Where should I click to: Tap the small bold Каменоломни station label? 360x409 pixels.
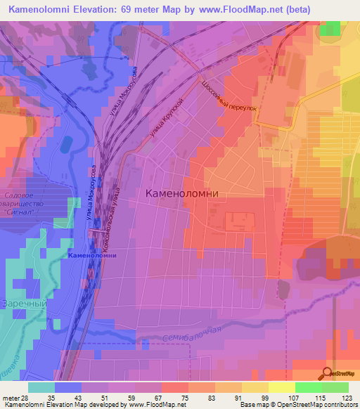tap(92, 255)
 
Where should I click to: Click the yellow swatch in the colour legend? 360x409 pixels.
tap(281, 387)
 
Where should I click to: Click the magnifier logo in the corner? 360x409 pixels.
tap(327, 373)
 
